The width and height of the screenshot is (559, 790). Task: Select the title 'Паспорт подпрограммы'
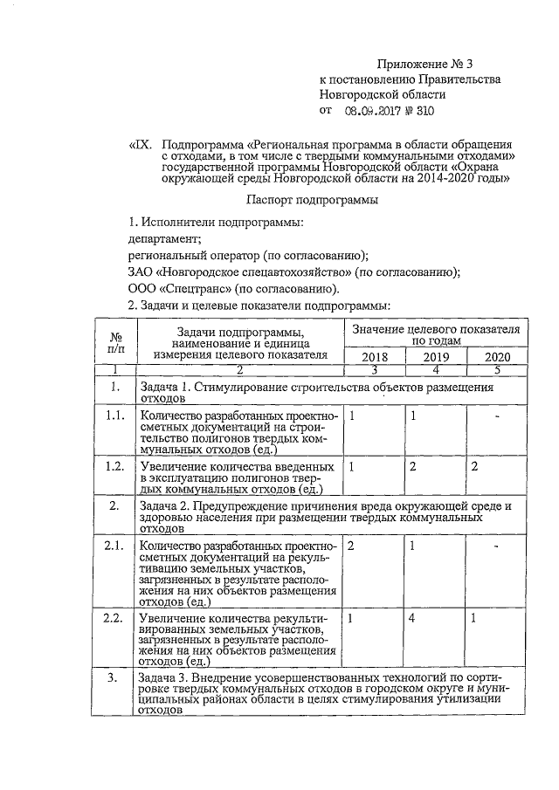[x=322, y=200]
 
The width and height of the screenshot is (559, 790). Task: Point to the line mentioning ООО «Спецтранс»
[x=232, y=289]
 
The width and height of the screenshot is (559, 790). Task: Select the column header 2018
[x=373, y=357]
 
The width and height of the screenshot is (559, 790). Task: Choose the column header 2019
[x=436, y=357]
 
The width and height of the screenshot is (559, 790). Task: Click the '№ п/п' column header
[x=114, y=342]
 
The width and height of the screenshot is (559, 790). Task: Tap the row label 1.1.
[x=114, y=416]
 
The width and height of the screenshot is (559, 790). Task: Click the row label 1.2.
[x=114, y=467]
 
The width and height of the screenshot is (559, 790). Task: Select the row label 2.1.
[x=114, y=546]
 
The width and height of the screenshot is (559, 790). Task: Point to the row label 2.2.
[x=114, y=619]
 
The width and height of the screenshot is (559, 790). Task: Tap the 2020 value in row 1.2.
[x=474, y=467]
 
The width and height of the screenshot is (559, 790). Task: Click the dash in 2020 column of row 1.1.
[x=495, y=416]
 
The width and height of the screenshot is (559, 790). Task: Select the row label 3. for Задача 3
[x=114, y=678]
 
